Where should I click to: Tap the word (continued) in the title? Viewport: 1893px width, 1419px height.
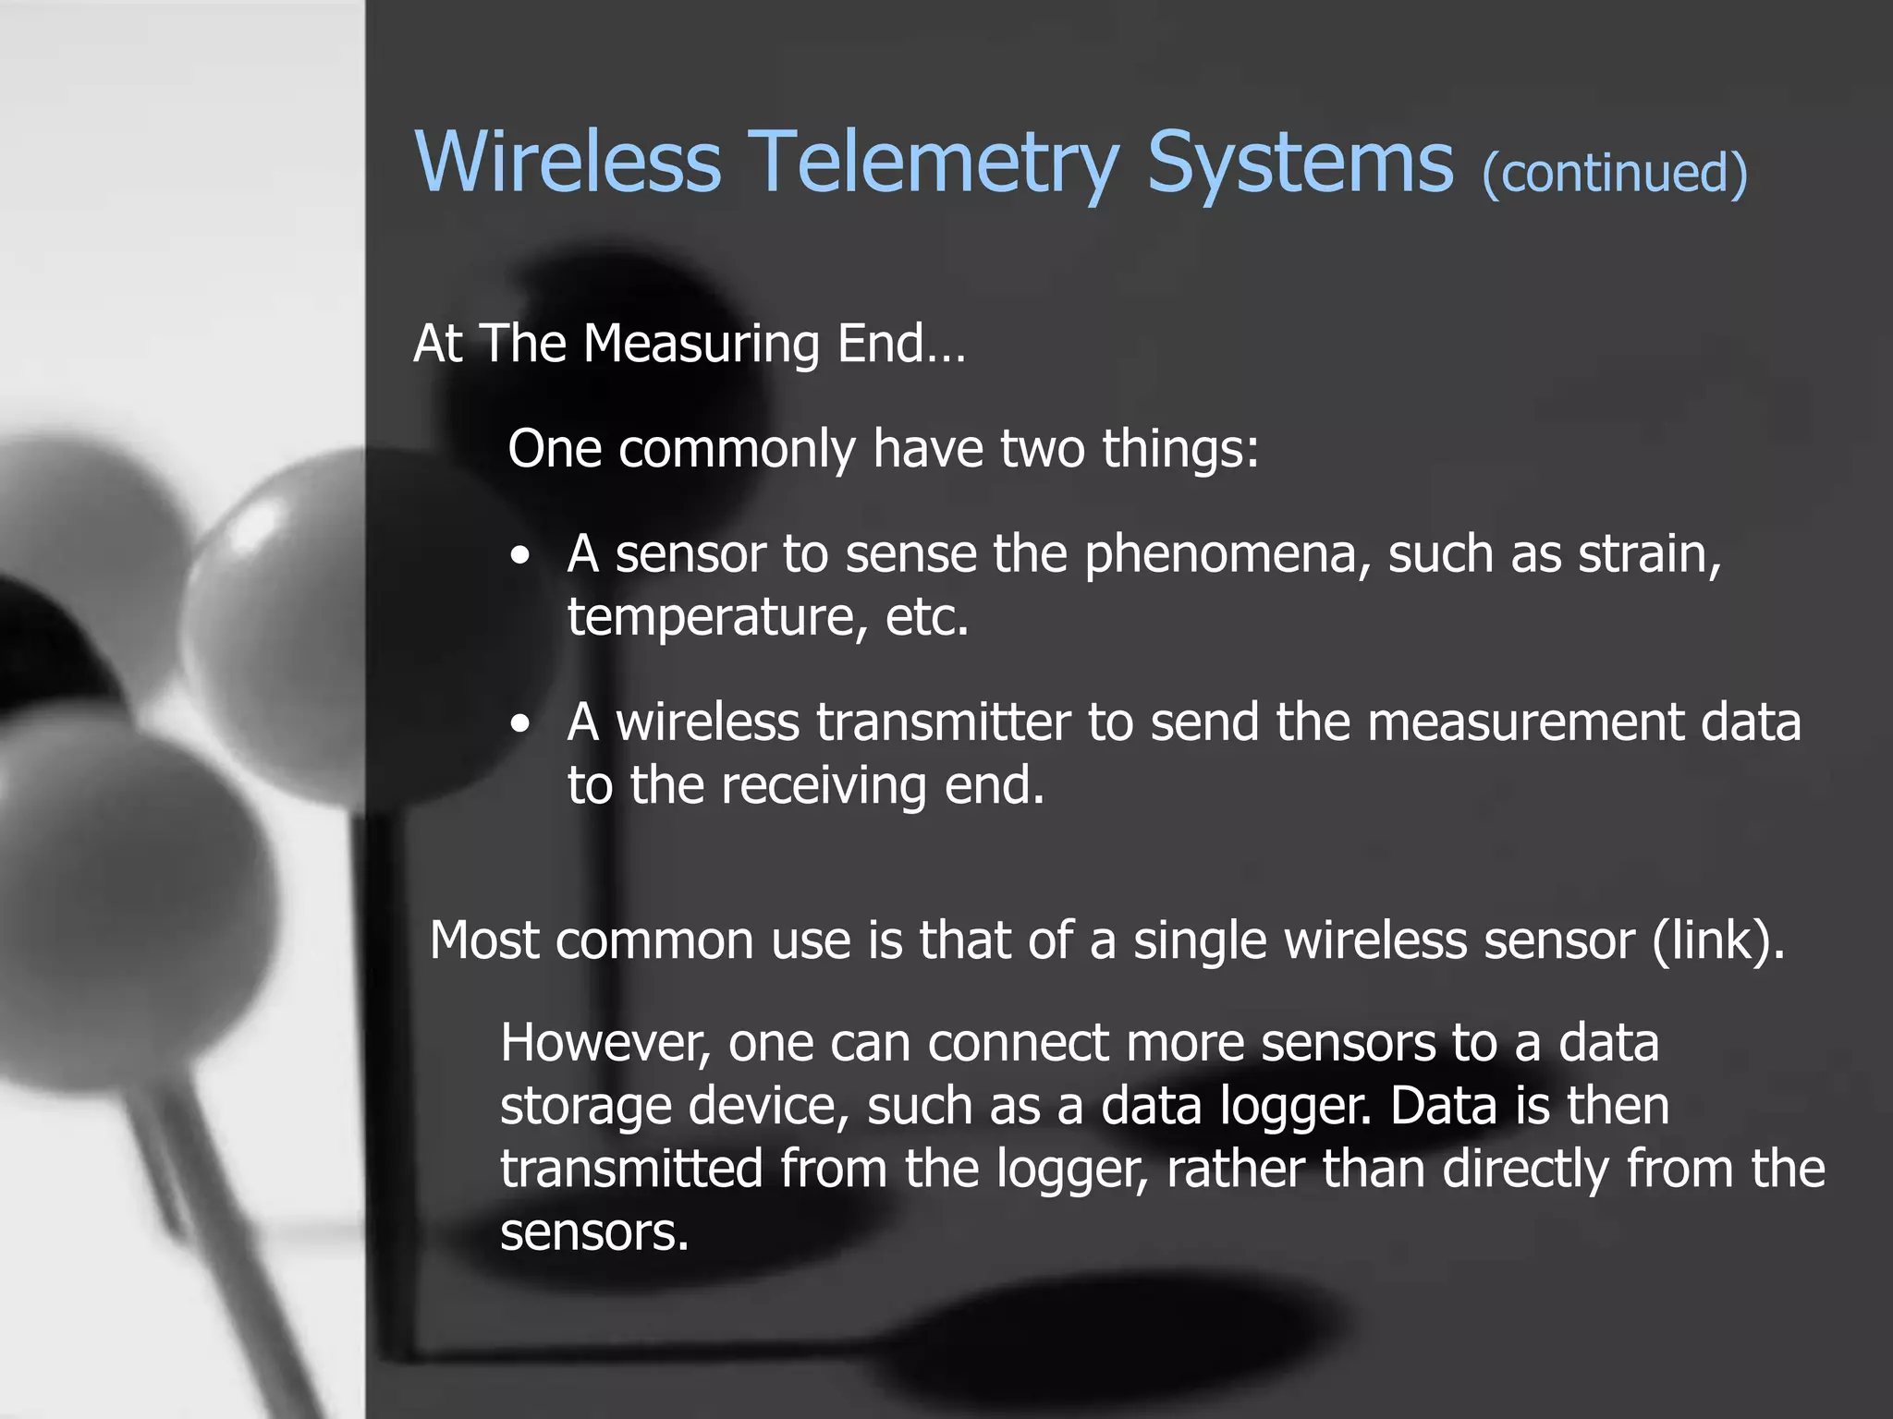(1614, 173)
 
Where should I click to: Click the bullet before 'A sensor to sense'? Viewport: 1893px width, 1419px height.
(521, 557)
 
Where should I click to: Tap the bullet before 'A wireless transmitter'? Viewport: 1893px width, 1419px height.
(521, 725)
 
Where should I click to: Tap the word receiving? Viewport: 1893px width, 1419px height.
(824, 785)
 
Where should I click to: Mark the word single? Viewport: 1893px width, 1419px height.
(1201, 941)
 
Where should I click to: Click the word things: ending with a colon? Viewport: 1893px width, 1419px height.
(1180, 450)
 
